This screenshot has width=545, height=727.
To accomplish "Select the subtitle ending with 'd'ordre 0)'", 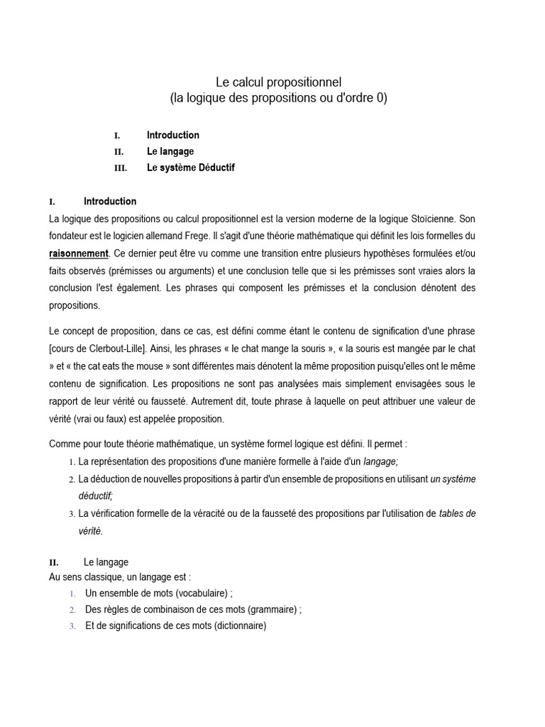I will pyautogui.click(x=278, y=99).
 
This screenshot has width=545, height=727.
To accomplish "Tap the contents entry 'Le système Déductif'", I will pyautogui.click(x=190, y=168).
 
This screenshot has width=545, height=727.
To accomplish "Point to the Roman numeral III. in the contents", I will pyautogui.click(x=120, y=168).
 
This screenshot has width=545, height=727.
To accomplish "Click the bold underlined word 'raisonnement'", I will pyautogui.click(x=79, y=253).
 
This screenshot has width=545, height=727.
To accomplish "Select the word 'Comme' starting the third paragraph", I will pyautogui.click(x=64, y=444).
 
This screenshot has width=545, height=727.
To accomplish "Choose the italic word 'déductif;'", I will pyautogui.click(x=96, y=496).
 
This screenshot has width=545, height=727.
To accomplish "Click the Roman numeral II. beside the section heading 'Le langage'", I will pyautogui.click(x=54, y=562).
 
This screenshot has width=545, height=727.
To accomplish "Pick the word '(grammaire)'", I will pyautogui.click(x=270, y=609).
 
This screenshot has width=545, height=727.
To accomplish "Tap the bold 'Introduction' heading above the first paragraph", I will pyautogui.click(x=110, y=201).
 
